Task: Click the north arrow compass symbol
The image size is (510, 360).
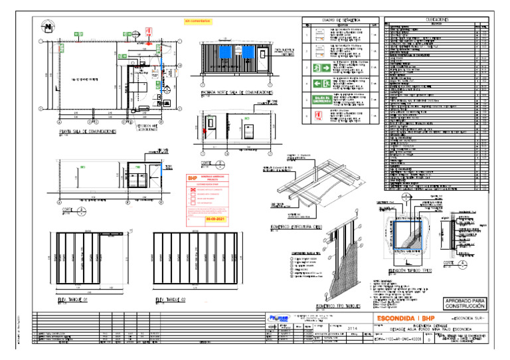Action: point(48,27)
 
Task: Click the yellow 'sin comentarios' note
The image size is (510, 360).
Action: point(197,21)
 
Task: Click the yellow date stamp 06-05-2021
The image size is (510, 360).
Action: point(216,217)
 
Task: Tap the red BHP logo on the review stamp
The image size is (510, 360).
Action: point(193,178)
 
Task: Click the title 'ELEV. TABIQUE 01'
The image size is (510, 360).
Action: point(77,300)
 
